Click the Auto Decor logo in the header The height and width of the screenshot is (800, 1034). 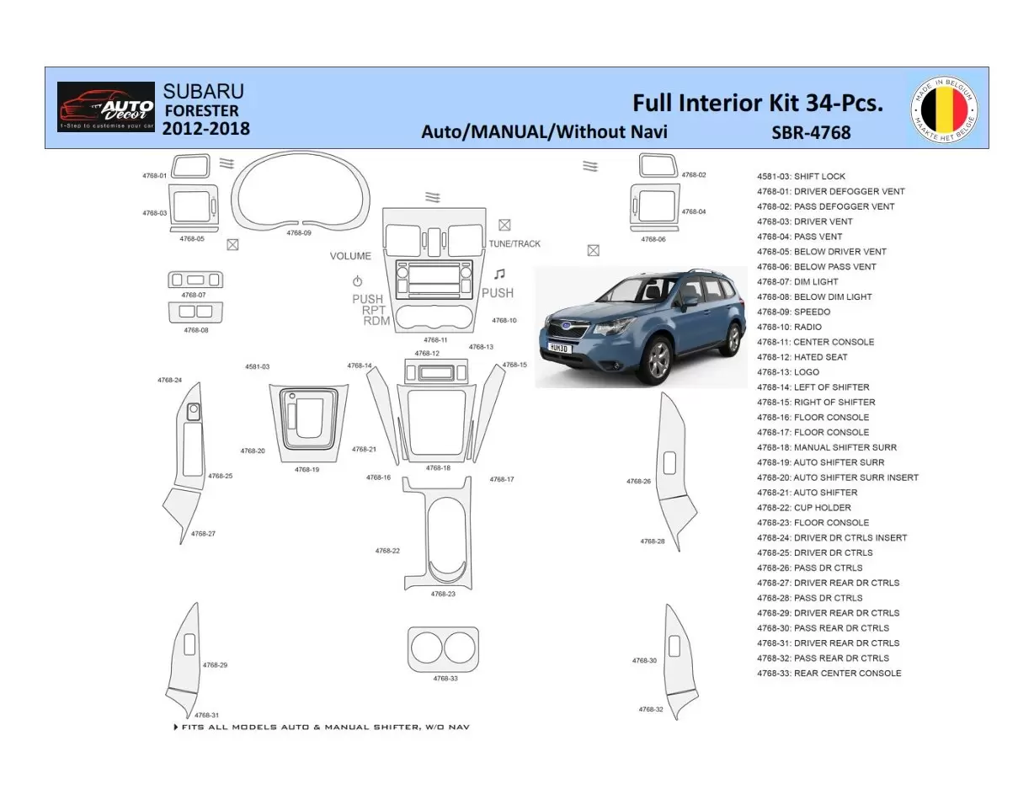[106, 107]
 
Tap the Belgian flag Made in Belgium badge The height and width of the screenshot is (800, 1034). [944, 109]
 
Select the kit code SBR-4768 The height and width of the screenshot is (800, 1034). [811, 132]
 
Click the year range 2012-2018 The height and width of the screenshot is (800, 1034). [205, 129]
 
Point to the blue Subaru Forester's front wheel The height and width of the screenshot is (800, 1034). [659, 359]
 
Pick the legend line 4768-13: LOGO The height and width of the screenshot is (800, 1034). [787, 372]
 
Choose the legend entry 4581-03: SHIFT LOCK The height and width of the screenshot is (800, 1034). [801, 177]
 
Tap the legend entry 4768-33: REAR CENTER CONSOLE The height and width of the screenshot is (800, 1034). [829, 674]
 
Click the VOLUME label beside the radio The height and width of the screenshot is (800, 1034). [350, 256]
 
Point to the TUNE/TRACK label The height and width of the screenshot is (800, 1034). [514, 243]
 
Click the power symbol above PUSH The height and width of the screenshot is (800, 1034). [357, 281]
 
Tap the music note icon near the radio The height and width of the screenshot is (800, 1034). [500, 275]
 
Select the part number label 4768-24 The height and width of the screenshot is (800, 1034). [169, 381]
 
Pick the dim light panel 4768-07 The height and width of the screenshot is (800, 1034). [195, 280]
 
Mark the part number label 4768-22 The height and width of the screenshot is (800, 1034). [387, 551]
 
